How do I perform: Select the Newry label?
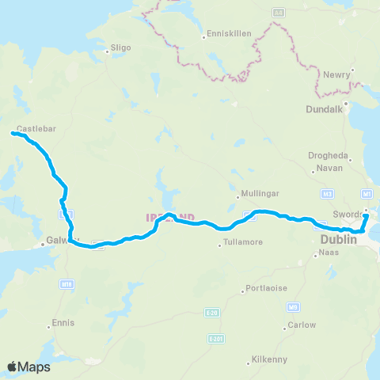[337, 75]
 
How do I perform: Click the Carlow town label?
[302, 325]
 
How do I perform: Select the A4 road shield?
[279, 13]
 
